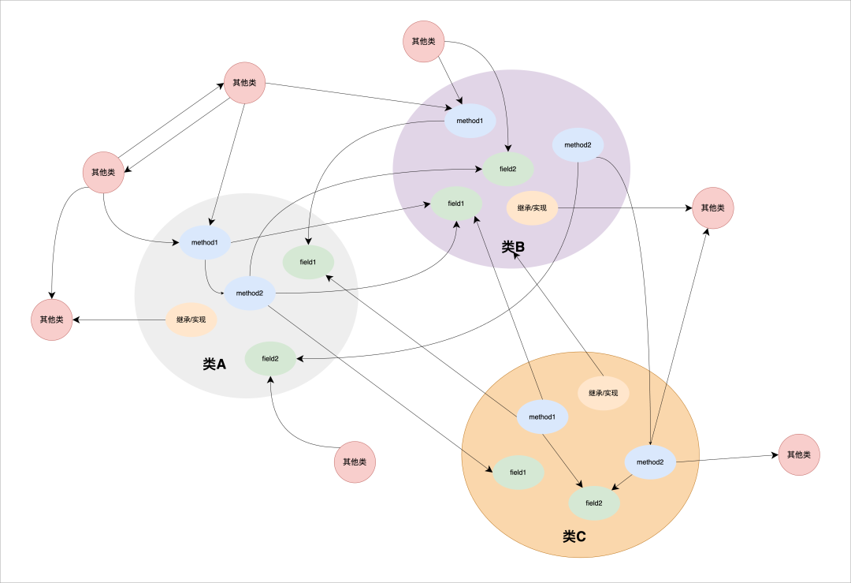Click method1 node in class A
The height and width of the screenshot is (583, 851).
click(x=205, y=242)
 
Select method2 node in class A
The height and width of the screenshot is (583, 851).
click(x=249, y=293)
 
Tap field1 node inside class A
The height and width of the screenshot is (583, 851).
click(x=308, y=262)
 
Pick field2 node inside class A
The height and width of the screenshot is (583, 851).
click(x=270, y=358)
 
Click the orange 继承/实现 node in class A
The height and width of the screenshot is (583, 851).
click(x=191, y=320)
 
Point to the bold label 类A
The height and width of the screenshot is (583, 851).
click(x=214, y=364)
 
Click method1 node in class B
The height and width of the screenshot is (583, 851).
click(x=470, y=120)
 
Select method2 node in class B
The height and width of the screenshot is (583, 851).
click(x=578, y=144)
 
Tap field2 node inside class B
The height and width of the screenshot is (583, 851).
click(x=508, y=169)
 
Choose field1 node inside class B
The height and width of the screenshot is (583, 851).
click(x=455, y=203)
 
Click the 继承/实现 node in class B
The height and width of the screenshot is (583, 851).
click(x=532, y=208)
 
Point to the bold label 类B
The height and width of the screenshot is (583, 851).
click(x=513, y=247)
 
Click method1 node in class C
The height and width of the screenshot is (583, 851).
click(x=542, y=417)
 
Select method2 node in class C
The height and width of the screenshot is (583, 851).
click(x=650, y=462)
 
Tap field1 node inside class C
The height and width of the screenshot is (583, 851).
click(x=518, y=472)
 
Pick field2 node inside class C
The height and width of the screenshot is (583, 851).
click(x=594, y=503)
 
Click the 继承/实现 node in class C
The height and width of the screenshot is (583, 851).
click(x=604, y=393)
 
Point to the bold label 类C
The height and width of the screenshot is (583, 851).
click(x=574, y=536)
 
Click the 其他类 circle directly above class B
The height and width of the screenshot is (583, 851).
click(x=424, y=41)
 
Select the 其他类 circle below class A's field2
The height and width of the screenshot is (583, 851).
click(x=355, y=462)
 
